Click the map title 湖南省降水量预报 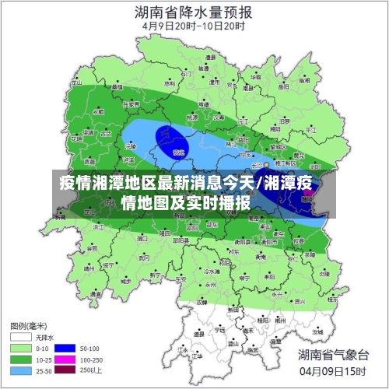(x=194, y=12)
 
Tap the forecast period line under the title (x=194, y=25)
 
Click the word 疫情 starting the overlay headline (x=75, y=184)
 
